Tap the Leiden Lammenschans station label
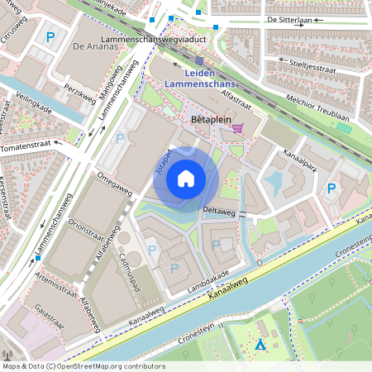(200, 79)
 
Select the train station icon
(199, 60)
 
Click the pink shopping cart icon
(238, 128)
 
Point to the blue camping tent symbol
(260, 345)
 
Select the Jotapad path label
(162, 163)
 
